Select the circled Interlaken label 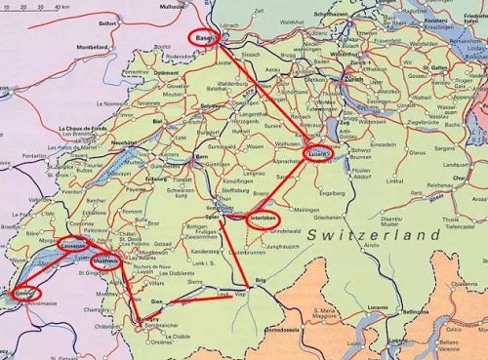[x=264, y=219]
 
